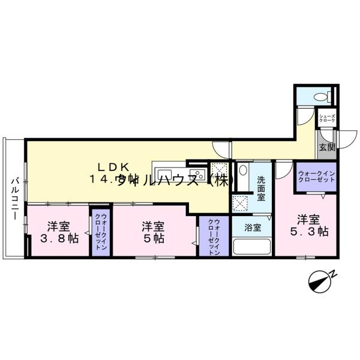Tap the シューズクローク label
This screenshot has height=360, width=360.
(x=327, y=119)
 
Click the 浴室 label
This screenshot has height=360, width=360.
(x=253, y=227)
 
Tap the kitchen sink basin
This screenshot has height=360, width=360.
(x=164, y=175)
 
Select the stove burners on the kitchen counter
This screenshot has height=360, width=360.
(x=197, y=175)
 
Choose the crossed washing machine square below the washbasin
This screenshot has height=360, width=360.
(x=242, y=203)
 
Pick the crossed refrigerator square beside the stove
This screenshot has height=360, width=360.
(x=220, y=170)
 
